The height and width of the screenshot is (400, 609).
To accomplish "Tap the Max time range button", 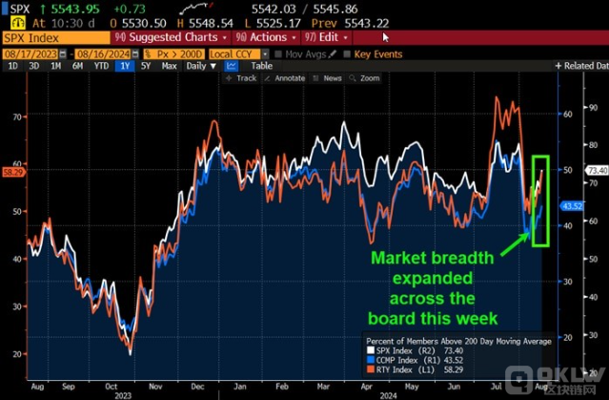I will (169, 66).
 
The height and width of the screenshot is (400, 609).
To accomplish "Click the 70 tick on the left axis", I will (16, 116).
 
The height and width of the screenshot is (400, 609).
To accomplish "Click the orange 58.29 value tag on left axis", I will (12, 172).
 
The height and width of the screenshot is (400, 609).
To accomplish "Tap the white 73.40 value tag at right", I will (598, 170).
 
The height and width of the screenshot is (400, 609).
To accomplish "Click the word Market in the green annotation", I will (398, 258).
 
